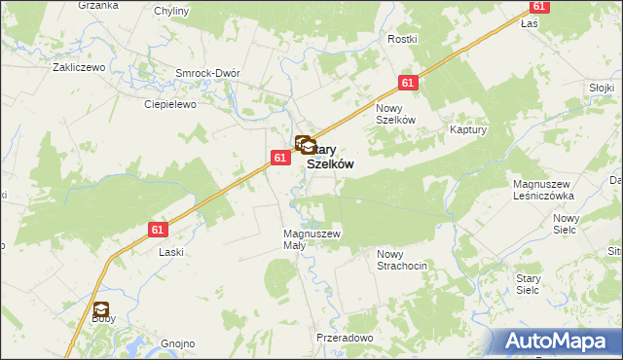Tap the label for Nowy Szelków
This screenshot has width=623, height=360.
point(396,113)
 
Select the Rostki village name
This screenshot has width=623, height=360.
point(402,39)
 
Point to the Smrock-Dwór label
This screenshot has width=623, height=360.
point(207,73)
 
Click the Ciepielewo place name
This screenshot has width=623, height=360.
point(170,104)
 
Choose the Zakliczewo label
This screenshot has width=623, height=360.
point(79,69)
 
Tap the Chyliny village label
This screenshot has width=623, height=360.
point(172,11)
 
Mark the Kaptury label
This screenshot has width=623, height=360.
point(468,128)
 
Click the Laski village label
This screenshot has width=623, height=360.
point(171,251)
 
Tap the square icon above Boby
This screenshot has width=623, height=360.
point(101,309)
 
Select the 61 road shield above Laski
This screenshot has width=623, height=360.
point(160,230)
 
